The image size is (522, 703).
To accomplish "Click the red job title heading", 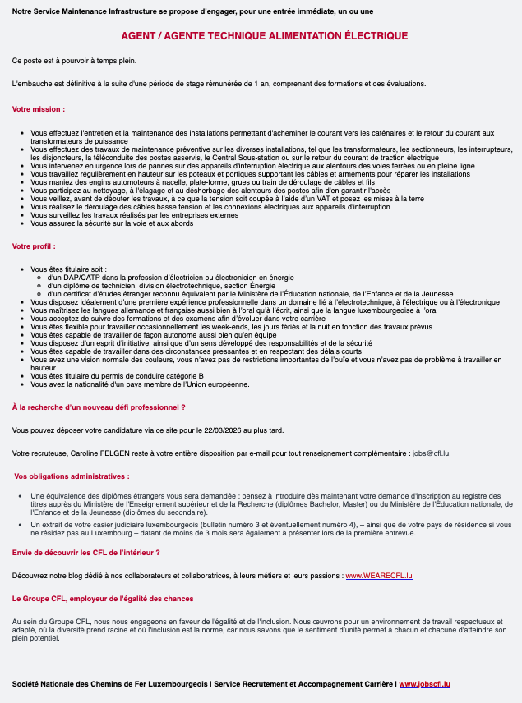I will (264, 36).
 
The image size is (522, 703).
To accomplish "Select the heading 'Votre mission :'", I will (38, 109).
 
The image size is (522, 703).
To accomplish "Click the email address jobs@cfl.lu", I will (431, 453).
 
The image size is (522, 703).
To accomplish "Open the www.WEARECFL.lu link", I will (379, 576).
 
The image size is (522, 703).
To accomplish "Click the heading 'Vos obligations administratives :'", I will (72, 476).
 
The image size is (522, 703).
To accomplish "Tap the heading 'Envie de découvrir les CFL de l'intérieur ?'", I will (86, 553).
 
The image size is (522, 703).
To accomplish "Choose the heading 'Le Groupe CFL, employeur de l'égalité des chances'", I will (103, 599).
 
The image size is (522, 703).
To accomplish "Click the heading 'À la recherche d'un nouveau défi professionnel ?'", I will (99, 407).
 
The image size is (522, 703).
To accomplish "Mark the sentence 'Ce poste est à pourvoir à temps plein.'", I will (75, 61).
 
